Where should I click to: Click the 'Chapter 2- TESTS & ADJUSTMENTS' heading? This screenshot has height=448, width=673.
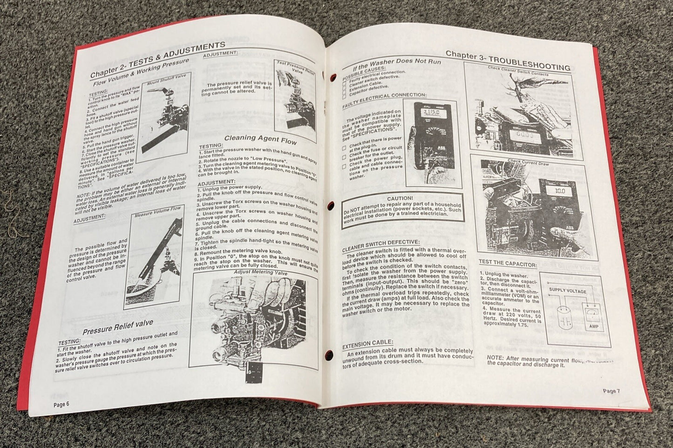pos(157,59)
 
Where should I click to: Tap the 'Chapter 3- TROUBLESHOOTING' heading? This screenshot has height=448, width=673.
pos(508,60)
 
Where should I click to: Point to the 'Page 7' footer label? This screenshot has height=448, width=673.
pos(612,391)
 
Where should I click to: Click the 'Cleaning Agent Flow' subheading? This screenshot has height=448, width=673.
pos(260,138)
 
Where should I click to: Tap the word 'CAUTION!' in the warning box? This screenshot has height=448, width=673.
pos(400,198)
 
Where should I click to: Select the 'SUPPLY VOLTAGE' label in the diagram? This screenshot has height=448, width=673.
pos(567,290)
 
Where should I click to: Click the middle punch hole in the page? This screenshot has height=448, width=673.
pos(331,205)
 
